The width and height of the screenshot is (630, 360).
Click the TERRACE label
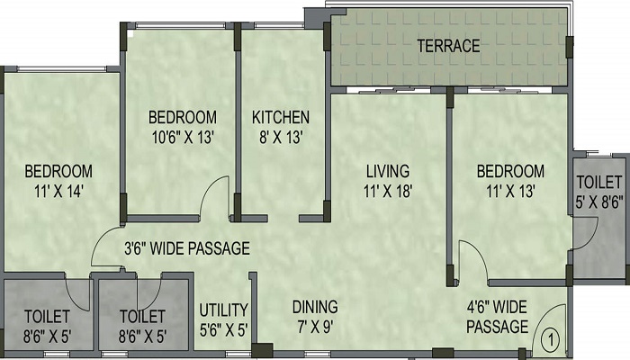[x=448, y=46]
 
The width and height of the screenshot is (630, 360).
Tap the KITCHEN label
[x=281, y=117]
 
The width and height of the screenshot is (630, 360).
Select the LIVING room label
[x=388, y=171]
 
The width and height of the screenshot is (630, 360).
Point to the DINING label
[x=315, y=307]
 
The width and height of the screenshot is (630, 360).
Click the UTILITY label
[x=224, y=310]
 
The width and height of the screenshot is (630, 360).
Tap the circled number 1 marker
[x=551, y=341]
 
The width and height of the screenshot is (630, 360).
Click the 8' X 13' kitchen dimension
[x=281, y=138]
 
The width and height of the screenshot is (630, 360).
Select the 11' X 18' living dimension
[x=388, y=191]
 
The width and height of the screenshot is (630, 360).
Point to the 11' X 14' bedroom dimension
[x=58, y=191]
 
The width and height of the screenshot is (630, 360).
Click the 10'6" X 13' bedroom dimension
[x=183, y=138]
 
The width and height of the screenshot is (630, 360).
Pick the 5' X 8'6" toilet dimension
[x=599, y=202]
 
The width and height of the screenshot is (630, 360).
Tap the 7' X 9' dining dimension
[x=315, y=327]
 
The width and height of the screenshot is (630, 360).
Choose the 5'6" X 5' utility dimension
[x=224, y=330]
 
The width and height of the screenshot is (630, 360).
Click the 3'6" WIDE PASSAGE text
[x=187, y=248]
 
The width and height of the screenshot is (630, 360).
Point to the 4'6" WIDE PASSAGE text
[x=497, y=317]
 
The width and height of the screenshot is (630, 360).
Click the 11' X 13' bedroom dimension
[x=510, y=191]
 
